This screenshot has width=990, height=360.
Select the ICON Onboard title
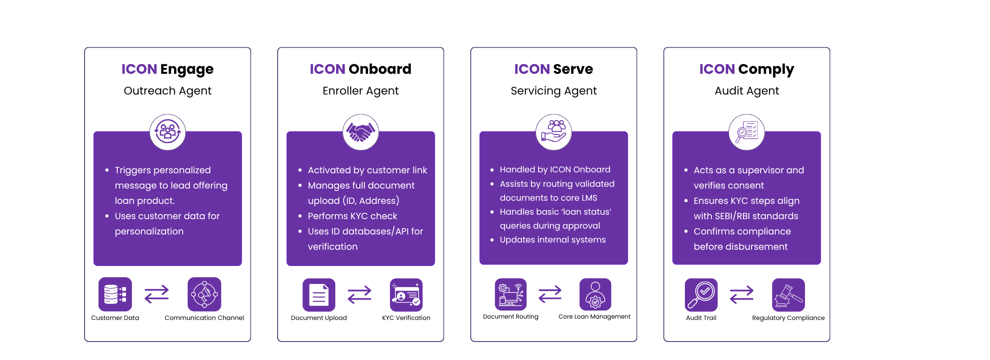coord(360,69)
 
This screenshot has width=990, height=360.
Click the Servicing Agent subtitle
coord(553,90)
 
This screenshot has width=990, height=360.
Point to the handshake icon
coord(360,132)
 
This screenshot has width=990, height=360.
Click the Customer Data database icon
coord(115,294)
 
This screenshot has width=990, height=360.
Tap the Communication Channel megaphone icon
coord(204,294)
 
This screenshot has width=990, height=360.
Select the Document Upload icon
coord(319,295)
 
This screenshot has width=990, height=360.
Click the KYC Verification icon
coord(406,295)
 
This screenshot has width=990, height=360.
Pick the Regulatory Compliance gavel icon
coord(788,295)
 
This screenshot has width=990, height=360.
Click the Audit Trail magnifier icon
coord(701,295)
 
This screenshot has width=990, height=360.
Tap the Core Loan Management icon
coord(595,294)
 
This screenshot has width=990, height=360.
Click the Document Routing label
coord(510,317)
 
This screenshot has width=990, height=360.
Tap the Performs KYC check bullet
coord(352,216)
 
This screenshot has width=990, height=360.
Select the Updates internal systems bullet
coord(553,240)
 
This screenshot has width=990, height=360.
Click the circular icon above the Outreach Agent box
coord(167,132)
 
